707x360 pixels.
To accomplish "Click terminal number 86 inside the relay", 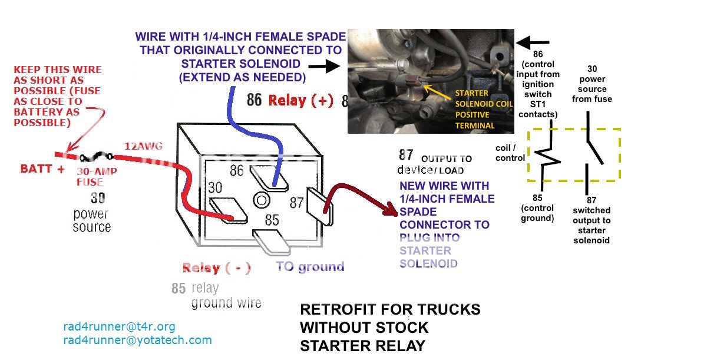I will point(237,171).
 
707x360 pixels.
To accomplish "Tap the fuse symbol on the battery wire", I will point(94,157).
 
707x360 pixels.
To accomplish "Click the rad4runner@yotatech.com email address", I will point(137,340).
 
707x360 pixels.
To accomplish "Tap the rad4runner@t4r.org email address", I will point(119,326).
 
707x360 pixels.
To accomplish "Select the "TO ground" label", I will point(310,267).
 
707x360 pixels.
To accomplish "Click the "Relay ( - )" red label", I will point(216,268).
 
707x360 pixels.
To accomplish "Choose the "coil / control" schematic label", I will point(510,153).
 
